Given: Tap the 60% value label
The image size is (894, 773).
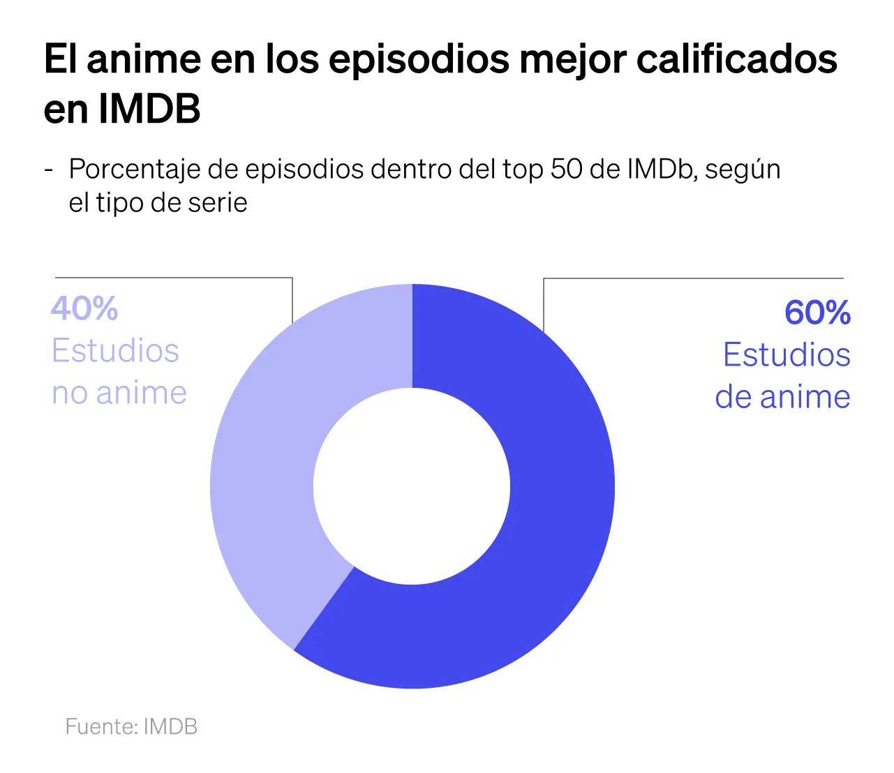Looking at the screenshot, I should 817,313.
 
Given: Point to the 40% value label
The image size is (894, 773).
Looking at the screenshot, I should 84,308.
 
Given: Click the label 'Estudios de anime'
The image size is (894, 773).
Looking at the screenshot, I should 785,376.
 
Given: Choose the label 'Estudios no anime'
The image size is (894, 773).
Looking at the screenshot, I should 119,372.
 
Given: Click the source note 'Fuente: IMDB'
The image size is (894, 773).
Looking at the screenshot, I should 131,726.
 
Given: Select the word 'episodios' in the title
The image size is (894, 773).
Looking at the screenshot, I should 419,59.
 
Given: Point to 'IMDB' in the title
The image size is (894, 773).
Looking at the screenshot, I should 149,109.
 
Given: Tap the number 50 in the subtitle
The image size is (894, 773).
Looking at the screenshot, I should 567,169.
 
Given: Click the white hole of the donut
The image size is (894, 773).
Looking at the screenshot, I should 412,486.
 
